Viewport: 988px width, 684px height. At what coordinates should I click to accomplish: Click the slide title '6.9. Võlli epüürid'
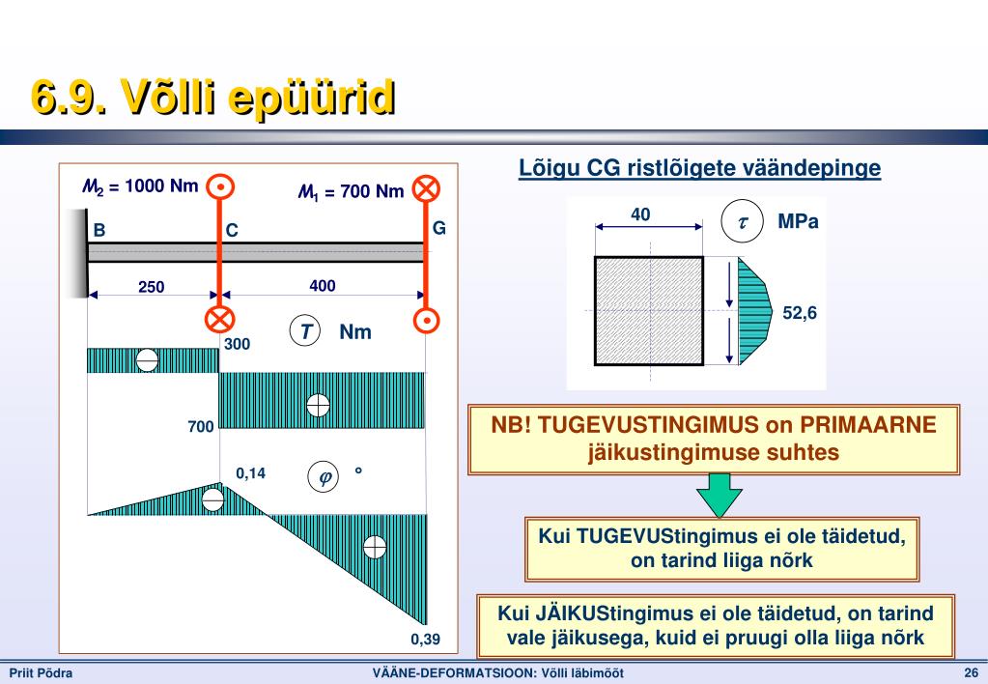click(213, 97)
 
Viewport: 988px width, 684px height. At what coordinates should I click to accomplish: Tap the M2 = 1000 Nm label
click(140, 186)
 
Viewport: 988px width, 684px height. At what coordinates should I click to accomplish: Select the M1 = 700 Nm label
click(351, 191)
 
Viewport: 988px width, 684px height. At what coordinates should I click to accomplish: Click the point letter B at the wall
click(99, 230)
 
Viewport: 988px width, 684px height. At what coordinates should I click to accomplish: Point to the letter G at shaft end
click(439, 228)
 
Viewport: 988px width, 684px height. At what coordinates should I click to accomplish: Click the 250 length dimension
click(152, 287)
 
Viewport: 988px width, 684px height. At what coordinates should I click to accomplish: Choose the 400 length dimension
click(322, 286)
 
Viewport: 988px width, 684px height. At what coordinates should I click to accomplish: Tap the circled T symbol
click(305, 331)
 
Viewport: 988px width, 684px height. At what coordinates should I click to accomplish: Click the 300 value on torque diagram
click(237, 344)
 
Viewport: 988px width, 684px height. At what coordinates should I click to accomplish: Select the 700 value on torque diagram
click(201, 427)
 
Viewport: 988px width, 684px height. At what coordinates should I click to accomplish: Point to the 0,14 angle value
click(251, 473)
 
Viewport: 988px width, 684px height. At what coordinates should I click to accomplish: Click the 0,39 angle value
click(425, 640)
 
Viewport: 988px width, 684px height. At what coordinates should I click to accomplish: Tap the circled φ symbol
click(324, 477)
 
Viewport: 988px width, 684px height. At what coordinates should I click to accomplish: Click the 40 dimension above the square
click(640, 214)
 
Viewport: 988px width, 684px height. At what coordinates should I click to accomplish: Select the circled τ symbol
click(743, 221)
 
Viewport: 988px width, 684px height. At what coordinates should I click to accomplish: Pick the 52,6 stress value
click(800, 313)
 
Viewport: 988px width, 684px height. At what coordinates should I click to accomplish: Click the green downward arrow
click(719, 496)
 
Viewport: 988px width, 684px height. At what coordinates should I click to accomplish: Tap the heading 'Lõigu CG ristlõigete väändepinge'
click(699, 168)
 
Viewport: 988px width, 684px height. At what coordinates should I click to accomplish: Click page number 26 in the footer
click(971, 672)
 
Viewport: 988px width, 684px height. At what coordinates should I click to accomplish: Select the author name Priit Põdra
click(41, 672)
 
